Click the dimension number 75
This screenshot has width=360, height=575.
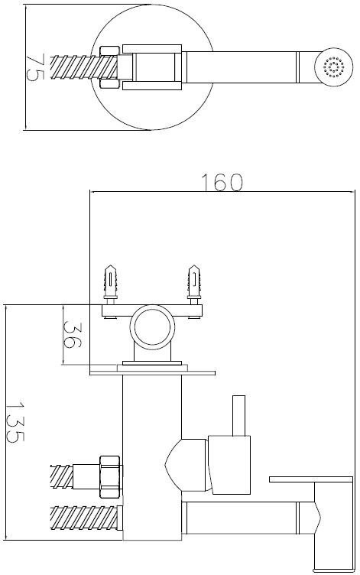[35, 67]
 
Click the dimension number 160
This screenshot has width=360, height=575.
[222, 182]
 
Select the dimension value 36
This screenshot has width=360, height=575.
[72, 334]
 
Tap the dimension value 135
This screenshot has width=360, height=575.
[15, 422]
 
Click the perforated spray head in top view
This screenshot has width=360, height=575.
[334, 67]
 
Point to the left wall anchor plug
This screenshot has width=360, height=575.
[110, 283]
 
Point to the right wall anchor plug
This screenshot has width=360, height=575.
[194, 283]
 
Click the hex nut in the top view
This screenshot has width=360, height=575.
[109, 67]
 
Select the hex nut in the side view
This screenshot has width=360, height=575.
[110, 476]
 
